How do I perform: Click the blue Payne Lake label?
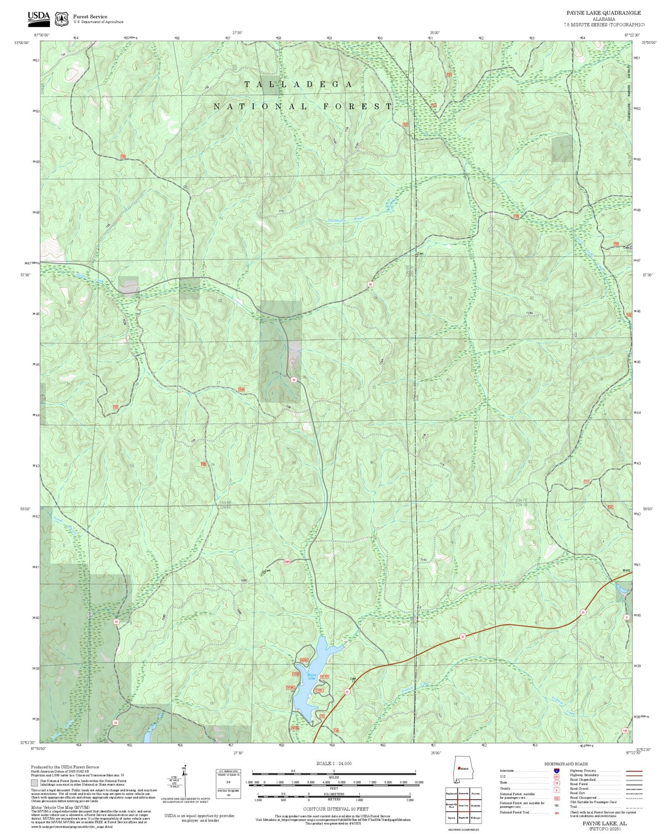click(311, 676)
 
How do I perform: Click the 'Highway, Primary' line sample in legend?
click(634, 771)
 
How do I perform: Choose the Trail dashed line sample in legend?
click(634, 808)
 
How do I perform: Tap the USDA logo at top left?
click(39, 17)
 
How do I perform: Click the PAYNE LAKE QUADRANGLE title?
click(603, 13)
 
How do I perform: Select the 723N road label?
click(529, 313)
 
